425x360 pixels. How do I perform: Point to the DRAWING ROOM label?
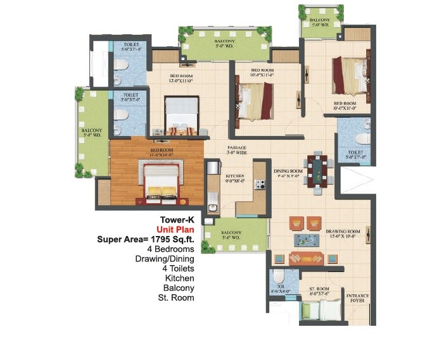343,235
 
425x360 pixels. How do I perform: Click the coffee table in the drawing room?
305,240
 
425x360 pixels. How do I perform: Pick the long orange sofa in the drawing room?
305,258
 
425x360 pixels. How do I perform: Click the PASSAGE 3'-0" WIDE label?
237,150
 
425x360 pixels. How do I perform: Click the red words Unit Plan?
177,230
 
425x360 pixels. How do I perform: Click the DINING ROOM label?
289,171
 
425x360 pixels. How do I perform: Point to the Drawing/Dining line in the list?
165,259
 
